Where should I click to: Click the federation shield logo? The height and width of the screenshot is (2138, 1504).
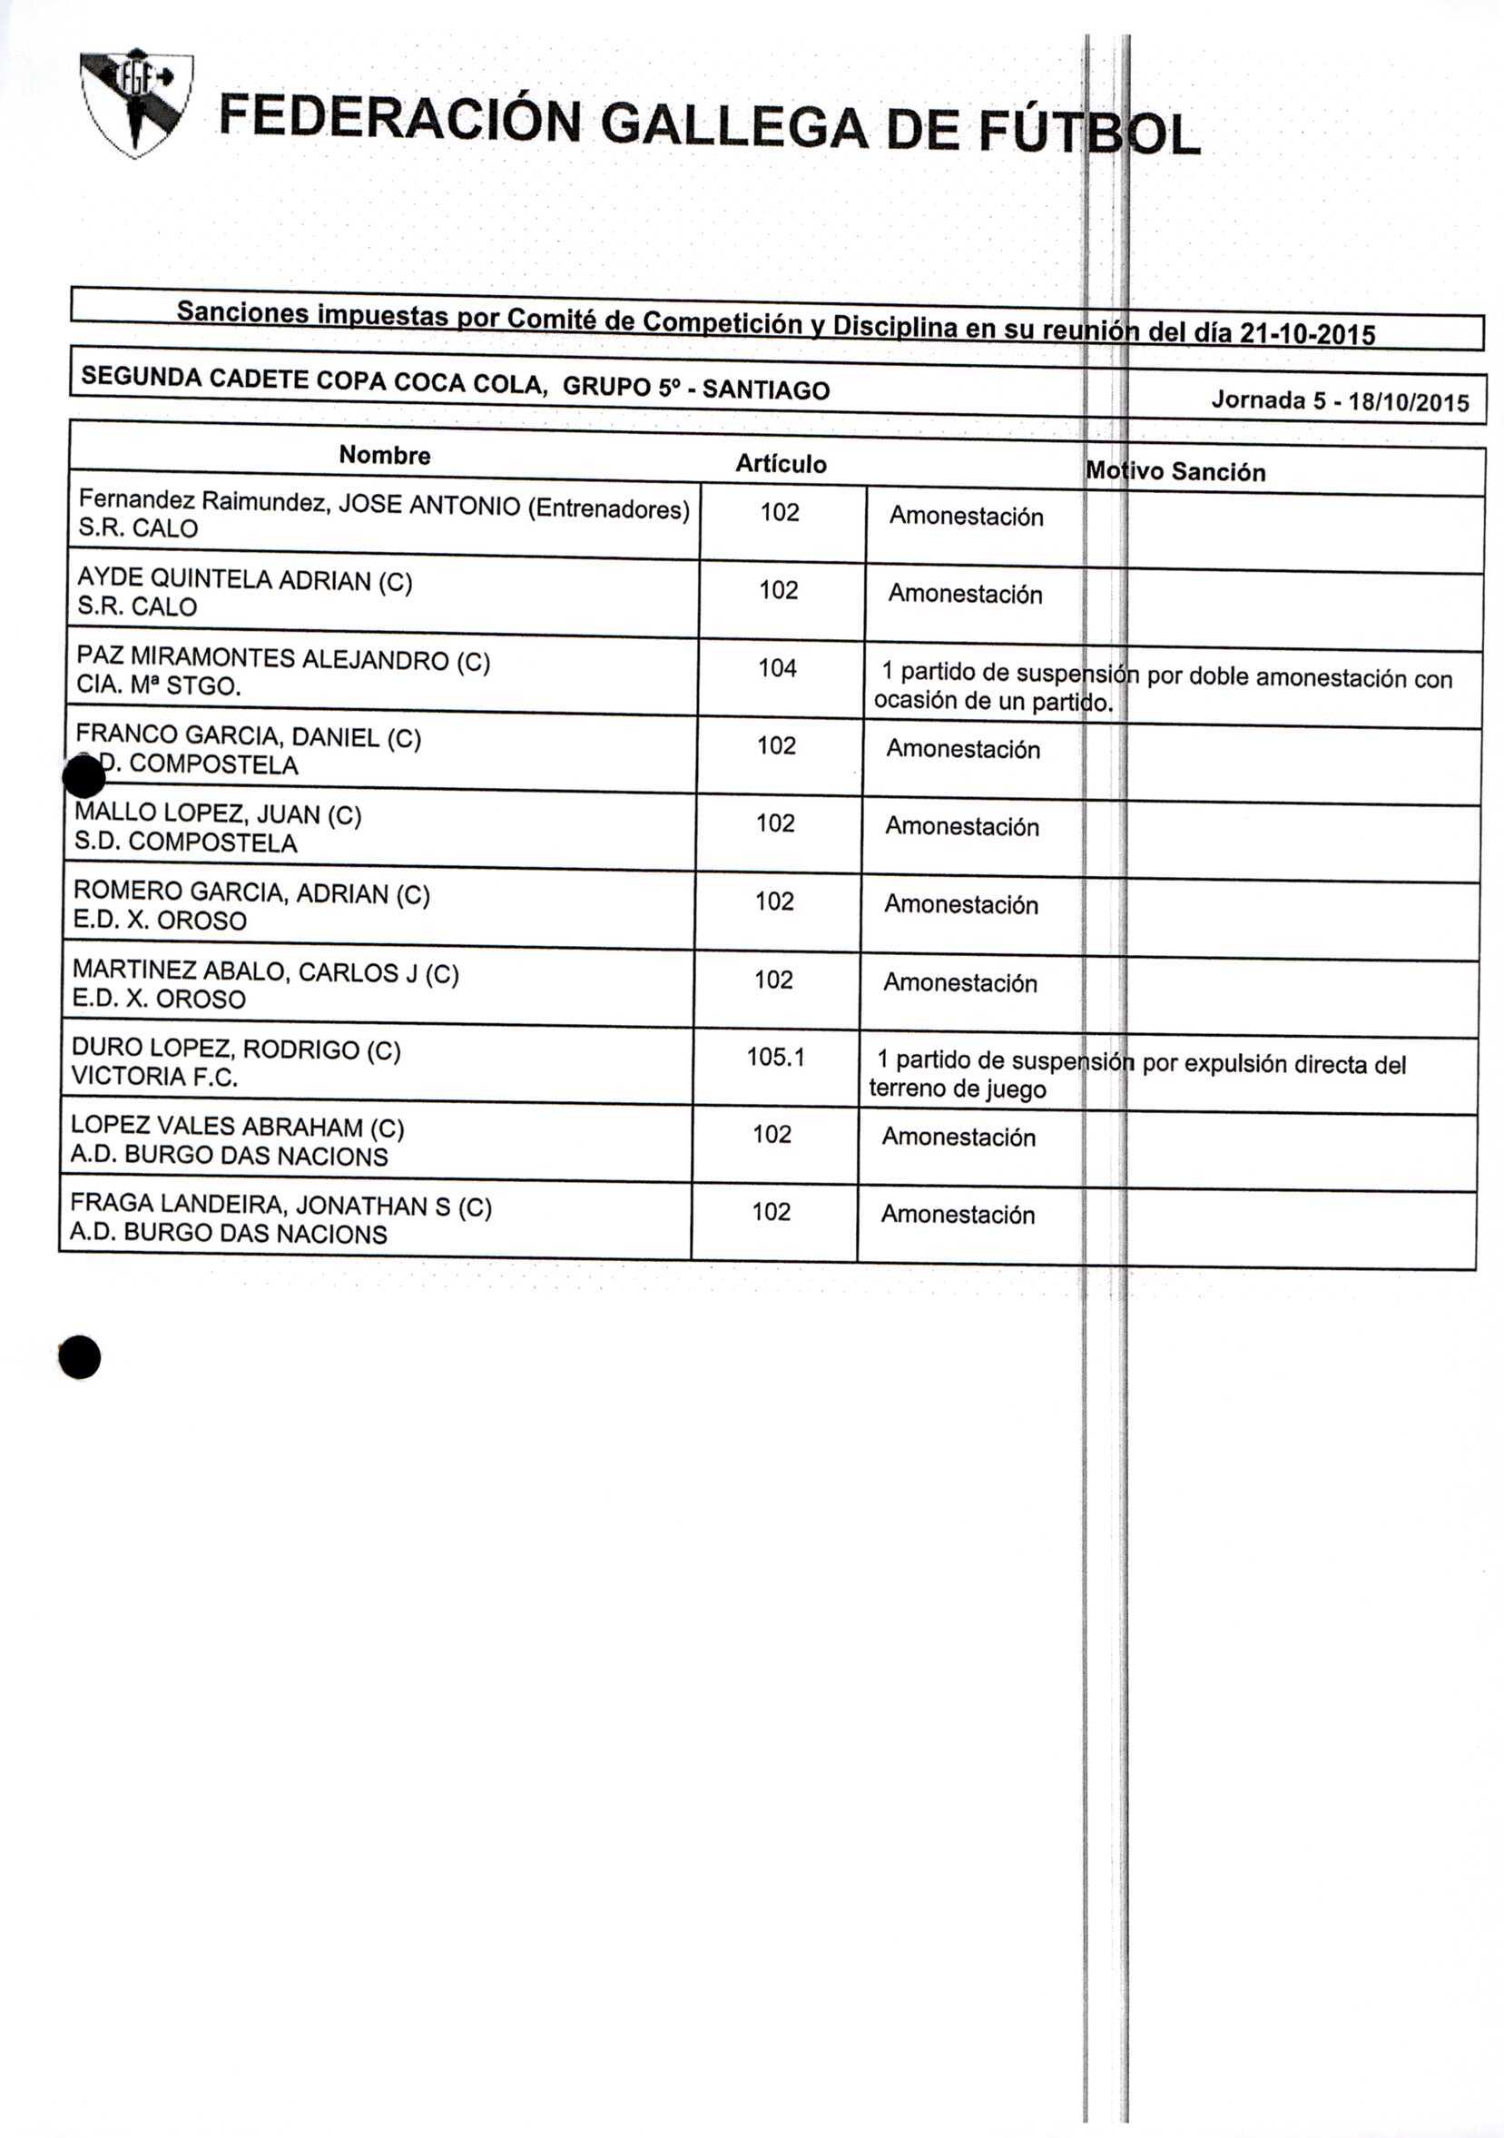click(x=136, y=103)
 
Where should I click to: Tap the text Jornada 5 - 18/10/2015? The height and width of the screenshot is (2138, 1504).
click(x=1339, y=401)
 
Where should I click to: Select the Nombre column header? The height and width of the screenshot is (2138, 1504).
click(x=385, y=456)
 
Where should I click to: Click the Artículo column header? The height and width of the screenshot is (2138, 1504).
click(x=781, y=464)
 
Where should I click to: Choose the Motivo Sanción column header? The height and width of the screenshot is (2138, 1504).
click(x=1175, y=472)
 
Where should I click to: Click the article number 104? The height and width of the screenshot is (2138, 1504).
click(x=777, y=667)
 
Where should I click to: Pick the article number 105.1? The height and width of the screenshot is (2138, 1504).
click(x=775, y=1057)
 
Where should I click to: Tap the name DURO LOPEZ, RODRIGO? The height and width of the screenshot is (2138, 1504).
click(x=217, y=1049)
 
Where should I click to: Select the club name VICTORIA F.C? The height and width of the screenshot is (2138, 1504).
click(x=154, y=1077)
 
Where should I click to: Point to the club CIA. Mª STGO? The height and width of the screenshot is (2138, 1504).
click(x=158, y=686)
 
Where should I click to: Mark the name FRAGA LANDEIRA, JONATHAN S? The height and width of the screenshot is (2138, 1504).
click(x=260, y=1205)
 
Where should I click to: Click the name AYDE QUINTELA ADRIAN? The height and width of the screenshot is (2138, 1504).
click(x=224, y=579)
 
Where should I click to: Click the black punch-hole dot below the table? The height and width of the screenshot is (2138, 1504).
click(x=79, y=1356)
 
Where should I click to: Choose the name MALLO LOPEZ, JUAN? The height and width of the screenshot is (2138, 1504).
click(x=198, y=813)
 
